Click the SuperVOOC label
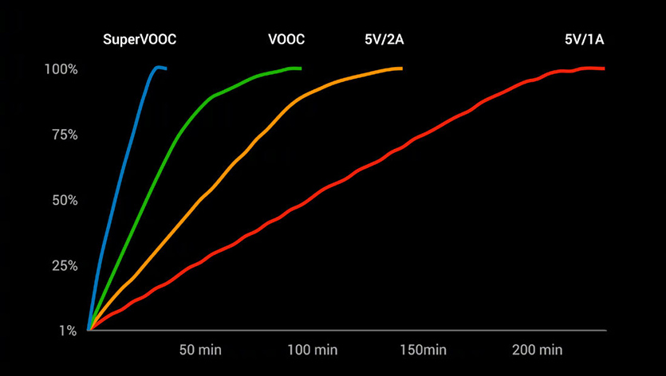[x=140, y=38]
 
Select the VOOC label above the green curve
[x=286, y=38]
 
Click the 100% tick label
[x=61, y=69]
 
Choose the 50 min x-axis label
[x=200, y=350]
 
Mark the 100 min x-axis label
[x=313, y=350]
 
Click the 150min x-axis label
[x=424, y=350]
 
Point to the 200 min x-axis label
[x=538, y=350]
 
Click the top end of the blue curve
[x=158, y=68]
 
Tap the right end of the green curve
[x=301, y=69]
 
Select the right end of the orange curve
[x=402, y=69]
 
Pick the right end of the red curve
[x=605, y=69]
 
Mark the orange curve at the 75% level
[x=260, y=135]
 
